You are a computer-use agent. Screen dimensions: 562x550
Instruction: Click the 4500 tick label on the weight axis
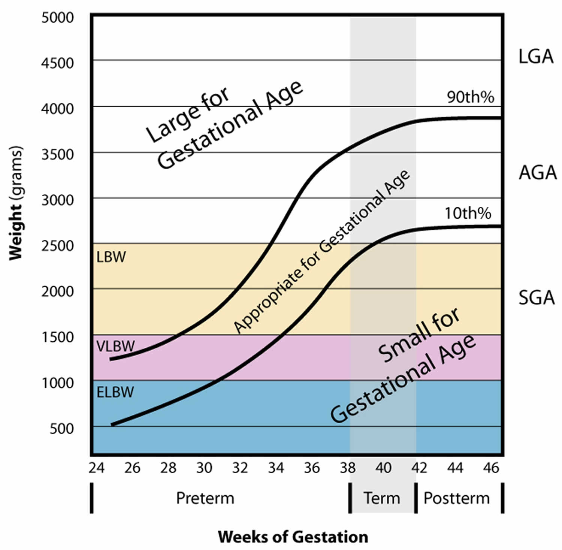pos(58,63)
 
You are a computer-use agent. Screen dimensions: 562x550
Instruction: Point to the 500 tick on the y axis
pos(62,429)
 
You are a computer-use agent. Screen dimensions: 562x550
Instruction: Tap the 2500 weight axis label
pos(58,246)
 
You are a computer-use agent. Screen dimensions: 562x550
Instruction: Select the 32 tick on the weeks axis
pos(240,468)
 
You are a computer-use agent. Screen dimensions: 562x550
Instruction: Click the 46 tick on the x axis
pos(491,468)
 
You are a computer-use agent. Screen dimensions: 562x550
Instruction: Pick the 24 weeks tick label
pos(96,468)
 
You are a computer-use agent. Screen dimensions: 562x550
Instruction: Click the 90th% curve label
pos(471,97)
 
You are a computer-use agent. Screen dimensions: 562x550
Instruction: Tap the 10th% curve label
pos(468,213)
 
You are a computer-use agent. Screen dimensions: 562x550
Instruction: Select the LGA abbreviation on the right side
pos(536,57)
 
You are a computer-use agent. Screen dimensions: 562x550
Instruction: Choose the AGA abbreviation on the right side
pos(538,173)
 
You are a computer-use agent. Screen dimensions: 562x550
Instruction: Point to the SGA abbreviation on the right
pos(537,298)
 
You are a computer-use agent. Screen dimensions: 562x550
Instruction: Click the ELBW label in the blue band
pos(115,392)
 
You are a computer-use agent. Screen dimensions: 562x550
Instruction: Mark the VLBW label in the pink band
pos(115,346)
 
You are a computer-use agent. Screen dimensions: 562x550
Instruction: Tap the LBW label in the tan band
pos(111,257)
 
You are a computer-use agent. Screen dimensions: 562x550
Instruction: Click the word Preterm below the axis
pos(205,498)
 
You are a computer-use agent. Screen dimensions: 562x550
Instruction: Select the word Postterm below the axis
pos(457,498)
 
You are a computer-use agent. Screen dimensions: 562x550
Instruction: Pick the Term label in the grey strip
pos(382,498)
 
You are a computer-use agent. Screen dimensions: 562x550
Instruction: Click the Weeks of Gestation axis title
pos(293,537)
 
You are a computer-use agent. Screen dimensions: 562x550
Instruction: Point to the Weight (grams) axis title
pos(16,203)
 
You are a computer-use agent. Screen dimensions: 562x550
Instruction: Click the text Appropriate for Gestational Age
pos(321,252)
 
